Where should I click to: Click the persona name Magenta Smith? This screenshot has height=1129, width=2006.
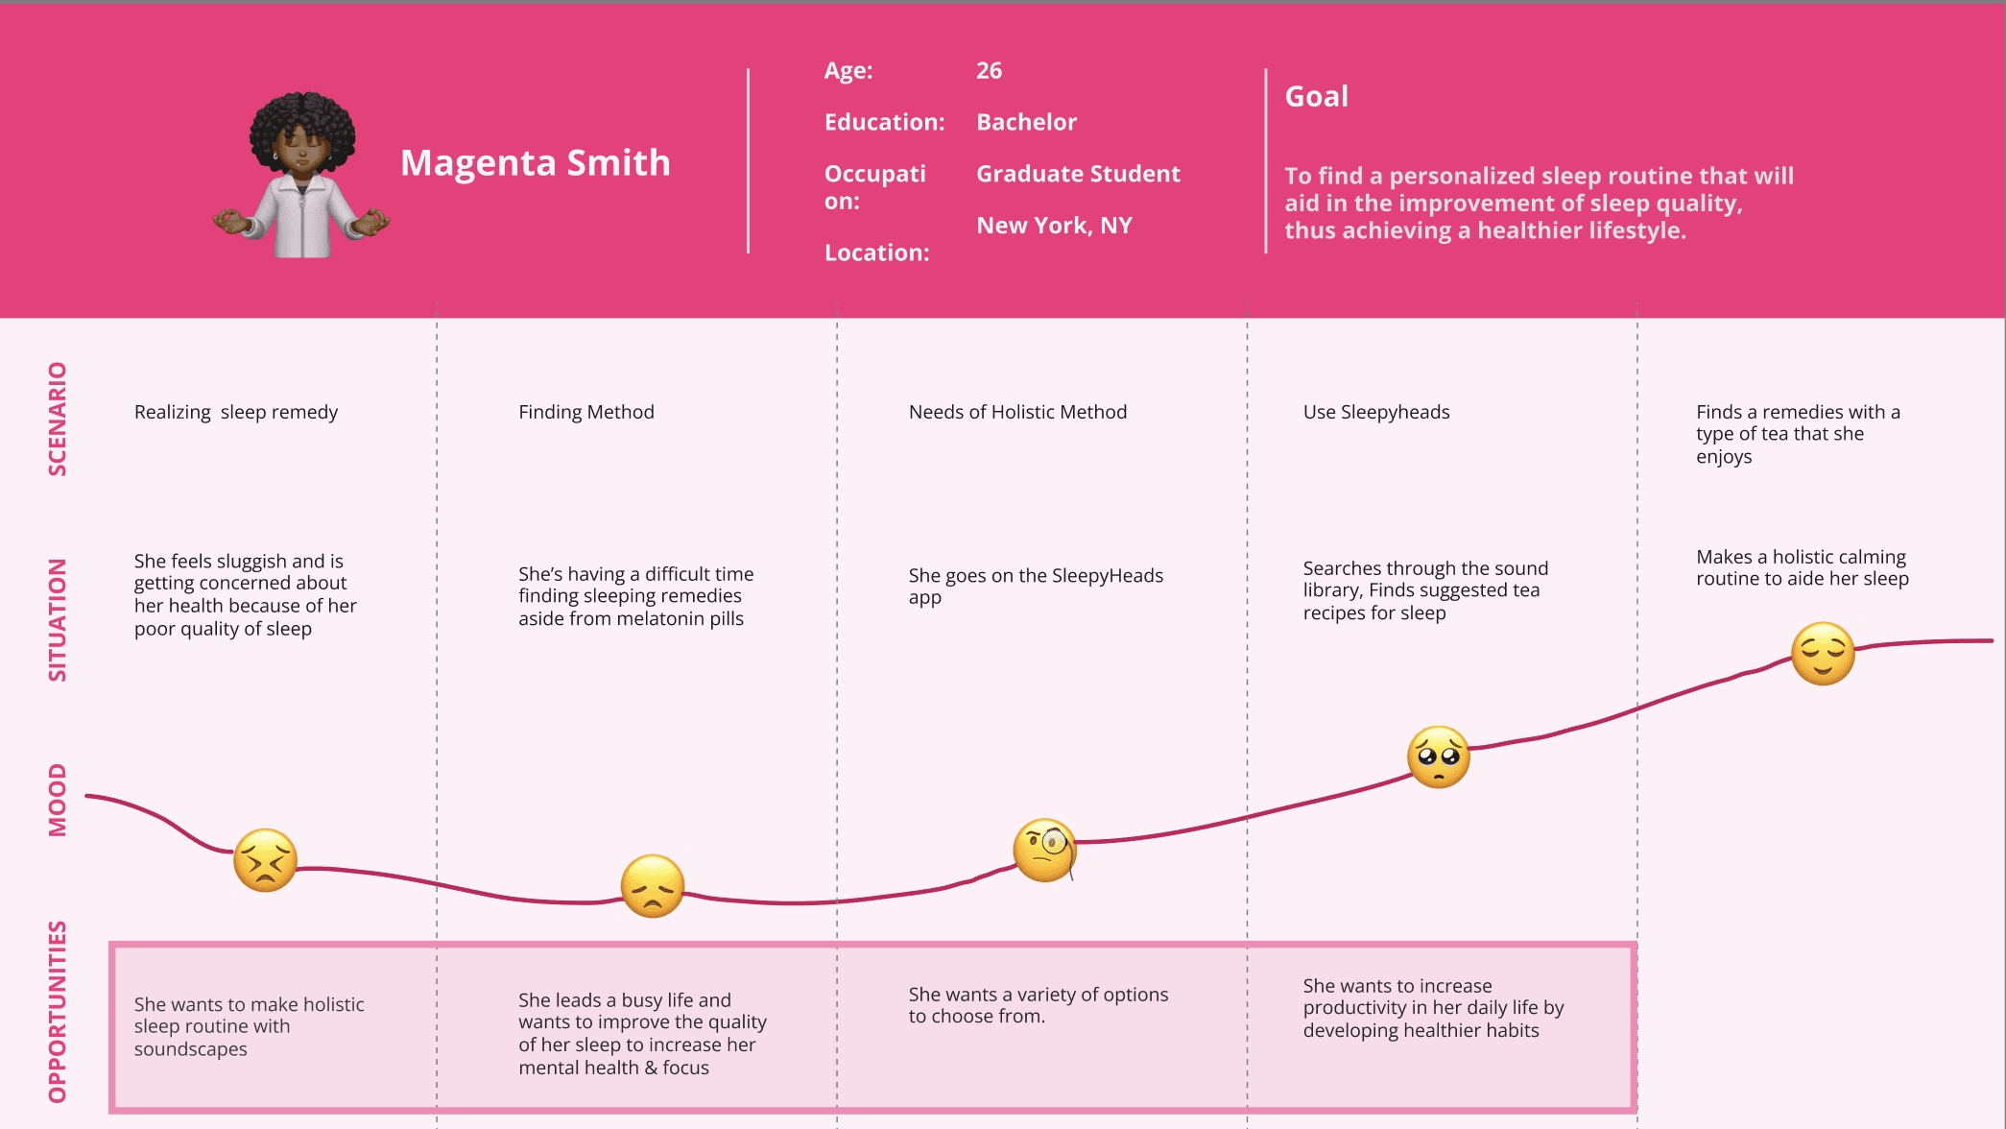click(536, 163)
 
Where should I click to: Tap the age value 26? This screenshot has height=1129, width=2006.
click(989, 71)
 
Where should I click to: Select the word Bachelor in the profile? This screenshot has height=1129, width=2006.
click(1026, 122)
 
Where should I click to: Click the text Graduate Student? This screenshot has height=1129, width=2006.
click(1078, 174)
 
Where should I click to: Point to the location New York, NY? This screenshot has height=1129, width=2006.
click(1054, 226)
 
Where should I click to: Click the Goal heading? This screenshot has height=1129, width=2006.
click(1316, 97)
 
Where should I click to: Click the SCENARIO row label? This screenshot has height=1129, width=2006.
click(58, 419)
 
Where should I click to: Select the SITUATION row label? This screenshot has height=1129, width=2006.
click(58, 620)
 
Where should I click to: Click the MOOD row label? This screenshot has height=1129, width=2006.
click(58, 800)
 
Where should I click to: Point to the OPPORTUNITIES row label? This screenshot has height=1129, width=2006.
click(58, 1012)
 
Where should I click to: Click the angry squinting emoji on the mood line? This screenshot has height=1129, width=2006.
click(266, 860)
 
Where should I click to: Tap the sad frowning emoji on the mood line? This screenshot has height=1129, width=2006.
click(653, 886)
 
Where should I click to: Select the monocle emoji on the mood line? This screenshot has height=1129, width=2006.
click(1045, 850)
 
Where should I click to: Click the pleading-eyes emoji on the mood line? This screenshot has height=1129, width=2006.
click(1439, 757)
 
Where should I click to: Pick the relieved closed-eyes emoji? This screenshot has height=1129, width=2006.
click(1824, 654)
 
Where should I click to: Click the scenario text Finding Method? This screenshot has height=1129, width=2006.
click(586, 412)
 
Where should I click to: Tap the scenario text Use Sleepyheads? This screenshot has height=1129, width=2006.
click(1376, 413)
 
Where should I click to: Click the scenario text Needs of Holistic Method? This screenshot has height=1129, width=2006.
click(1017, 412)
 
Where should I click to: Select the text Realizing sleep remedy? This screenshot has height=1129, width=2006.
click(236, 413)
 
